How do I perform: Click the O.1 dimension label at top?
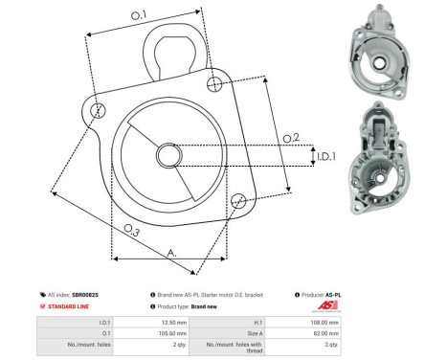(x=138, y=14)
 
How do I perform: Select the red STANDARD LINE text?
(x=70, y=306)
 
